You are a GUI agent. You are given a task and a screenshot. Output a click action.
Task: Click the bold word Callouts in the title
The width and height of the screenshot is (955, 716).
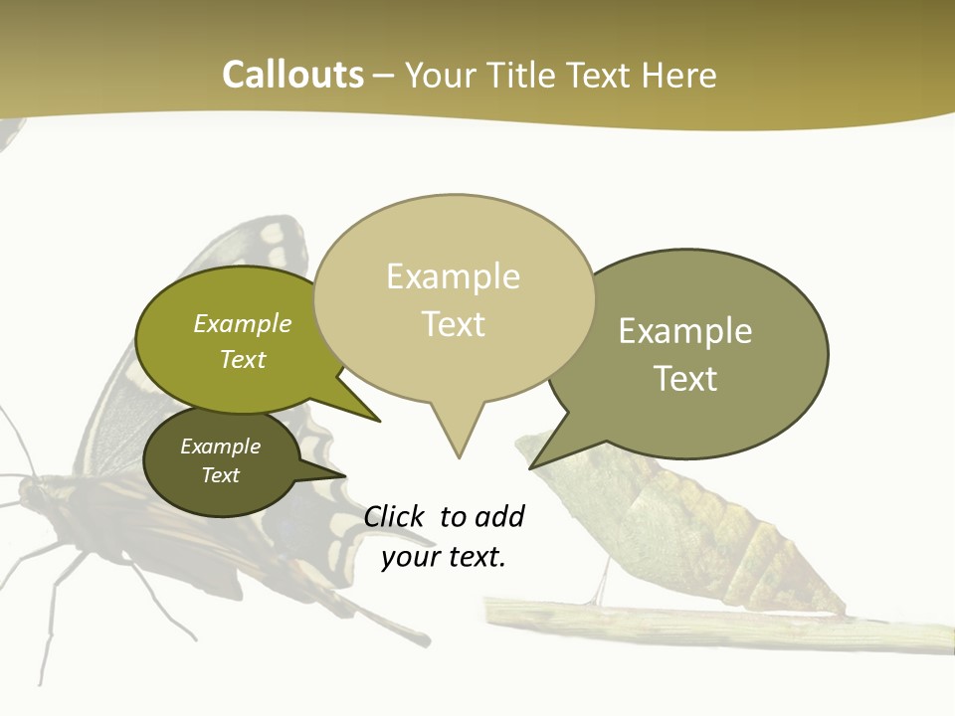pyautogui.click(x=292, y=75)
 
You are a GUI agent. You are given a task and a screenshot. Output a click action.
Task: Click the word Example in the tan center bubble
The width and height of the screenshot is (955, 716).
pyautogui.click(x=453, y=276)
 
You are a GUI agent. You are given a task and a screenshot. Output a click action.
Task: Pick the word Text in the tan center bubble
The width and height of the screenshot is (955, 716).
pyautogui.click(x=453, y=324)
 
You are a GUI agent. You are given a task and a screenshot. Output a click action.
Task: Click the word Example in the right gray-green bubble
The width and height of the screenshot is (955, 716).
pyautogui.click(x=685, y=331)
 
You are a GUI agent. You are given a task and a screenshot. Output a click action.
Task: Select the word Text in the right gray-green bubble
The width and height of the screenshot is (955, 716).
pyautogui.click(x=685, y=379)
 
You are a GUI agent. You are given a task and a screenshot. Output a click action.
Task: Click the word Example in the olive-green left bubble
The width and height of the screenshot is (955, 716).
pyautogui.click(x=243, y=324)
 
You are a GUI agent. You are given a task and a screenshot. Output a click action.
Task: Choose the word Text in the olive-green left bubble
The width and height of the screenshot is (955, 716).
pyautogui.click(x=243, y=359)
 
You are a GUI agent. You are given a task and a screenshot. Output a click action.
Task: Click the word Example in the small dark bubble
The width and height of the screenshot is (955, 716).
pyautogui.click(x=220, y=447)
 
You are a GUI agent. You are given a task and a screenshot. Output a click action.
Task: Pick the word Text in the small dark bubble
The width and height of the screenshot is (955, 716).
pyautogui.click(x=220, y=475)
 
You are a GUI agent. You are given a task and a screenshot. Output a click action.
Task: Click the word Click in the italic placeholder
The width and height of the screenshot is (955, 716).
pyautogui.click(x=394, y=517)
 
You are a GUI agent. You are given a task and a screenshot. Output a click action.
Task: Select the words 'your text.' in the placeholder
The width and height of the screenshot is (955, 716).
pyautogui.click(x=444, y=557)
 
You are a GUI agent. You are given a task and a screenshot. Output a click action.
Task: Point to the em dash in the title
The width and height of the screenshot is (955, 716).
pyautogui.click(x=384, y=76)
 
